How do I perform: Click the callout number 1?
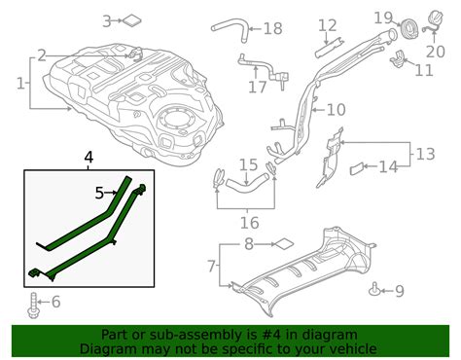click(20, 84)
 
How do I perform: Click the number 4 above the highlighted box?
click(89, 157)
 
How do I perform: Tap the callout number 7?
click(212, 265)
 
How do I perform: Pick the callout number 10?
click(336, 110)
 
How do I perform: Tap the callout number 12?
click(327, 25)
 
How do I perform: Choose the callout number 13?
click(426, 153)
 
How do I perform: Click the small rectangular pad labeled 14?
click(356, 168)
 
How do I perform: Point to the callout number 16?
click(249, 223)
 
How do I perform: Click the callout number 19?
click(382, 18)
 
